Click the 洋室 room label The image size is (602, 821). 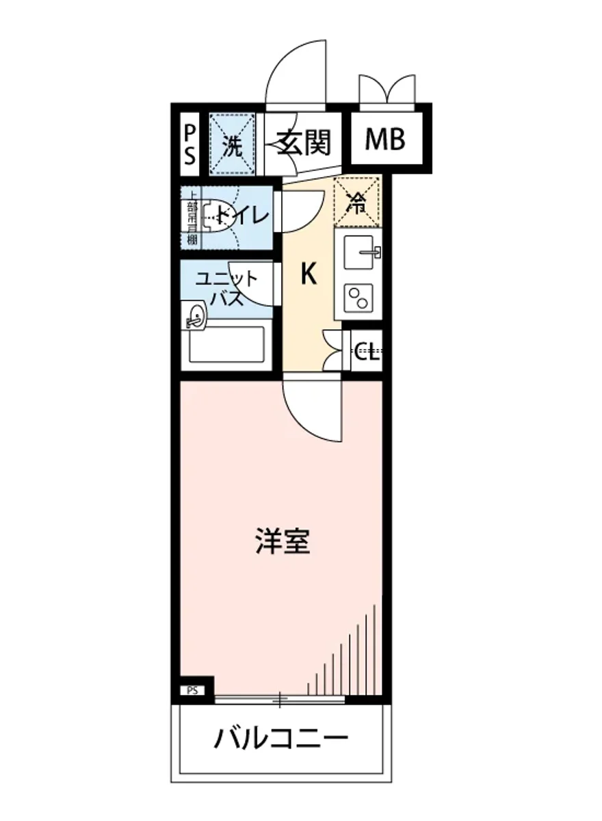[x=283, y=540]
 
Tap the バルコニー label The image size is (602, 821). [x=282, y=739]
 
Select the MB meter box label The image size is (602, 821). [x=384, y=140]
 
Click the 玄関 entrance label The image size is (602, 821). [x=304, y=143]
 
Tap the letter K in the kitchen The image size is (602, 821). [x=309, y=274]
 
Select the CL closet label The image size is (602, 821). [x=367, y=353]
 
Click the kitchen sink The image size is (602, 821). [x=361, y=252]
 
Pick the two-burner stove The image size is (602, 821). [x=359, y=298]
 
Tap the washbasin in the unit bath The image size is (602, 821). [x=196, y=315]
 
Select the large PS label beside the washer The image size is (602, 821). [x=189, y=144]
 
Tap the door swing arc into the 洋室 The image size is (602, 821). [x=312, y=413]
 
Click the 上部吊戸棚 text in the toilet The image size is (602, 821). [x=192, y=217]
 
